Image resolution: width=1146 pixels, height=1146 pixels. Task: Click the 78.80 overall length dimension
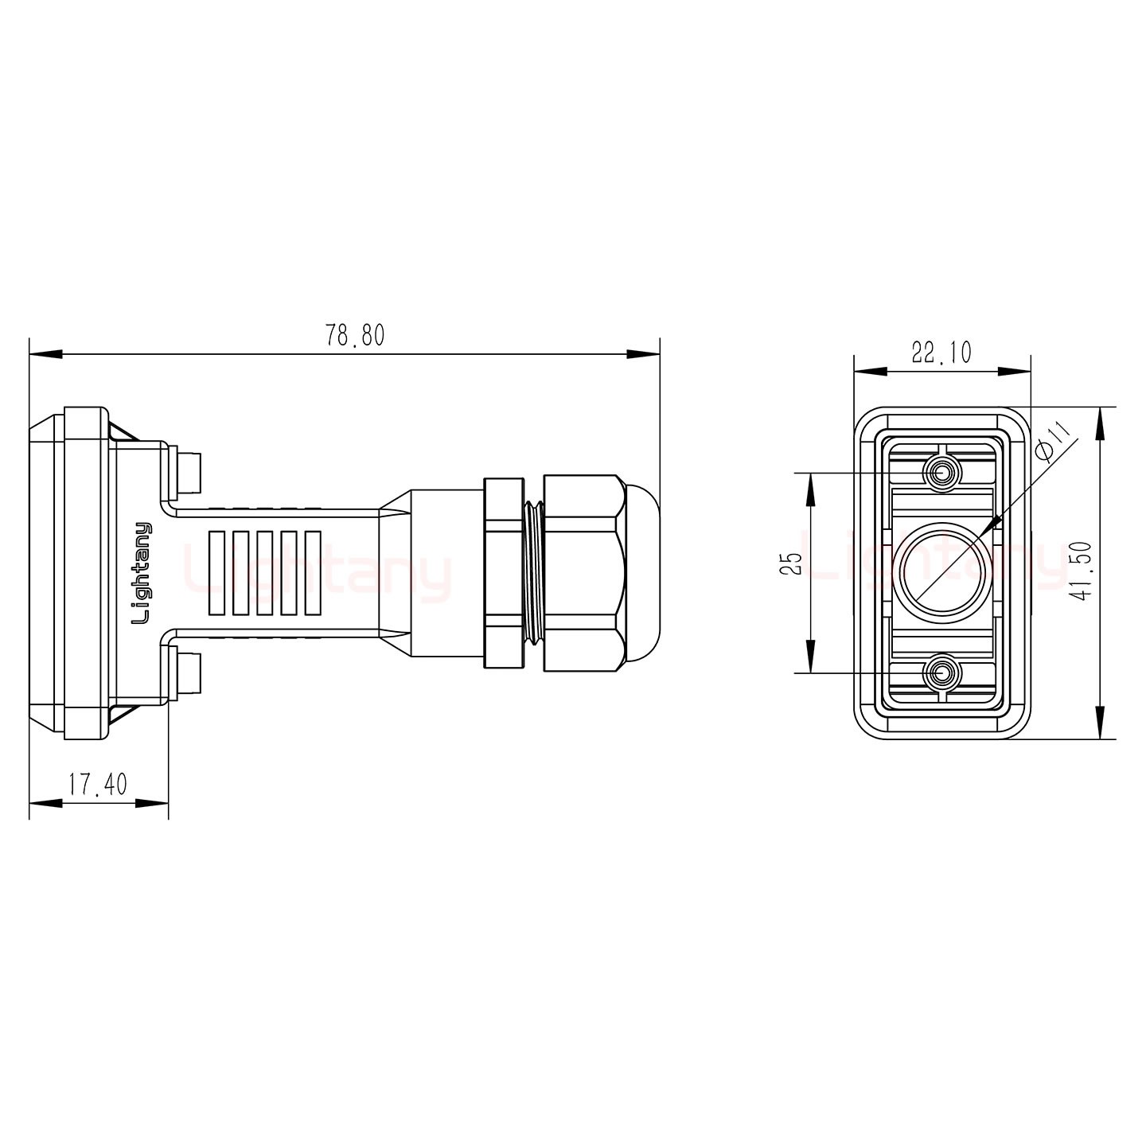pyautogui.click(x=354, y=336)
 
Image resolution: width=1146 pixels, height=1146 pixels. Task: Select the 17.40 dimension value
pyautogui.click(x=97, y=785)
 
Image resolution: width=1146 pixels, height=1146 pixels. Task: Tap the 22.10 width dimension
pyautogui.click(x=941, y=353)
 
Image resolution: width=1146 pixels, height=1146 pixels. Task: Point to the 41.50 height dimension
pyautogui.click(x=1081, y=573)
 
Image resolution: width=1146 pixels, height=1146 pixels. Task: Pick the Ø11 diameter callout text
pyautogui.click(x=1057, y=443)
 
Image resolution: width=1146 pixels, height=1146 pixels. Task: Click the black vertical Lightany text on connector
pyautogui.click(x=142, y=573)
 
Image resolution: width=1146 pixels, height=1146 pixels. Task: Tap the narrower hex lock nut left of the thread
pyautogui.click(x=503, y=573)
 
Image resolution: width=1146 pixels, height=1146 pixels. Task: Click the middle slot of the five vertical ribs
pyautogui.click(x=264, y=573)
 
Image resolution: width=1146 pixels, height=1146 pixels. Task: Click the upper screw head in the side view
pyautogui.click(x=192, y=473)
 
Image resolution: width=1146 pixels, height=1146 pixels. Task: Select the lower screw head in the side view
pyautogui.click(x=192, y=673)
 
